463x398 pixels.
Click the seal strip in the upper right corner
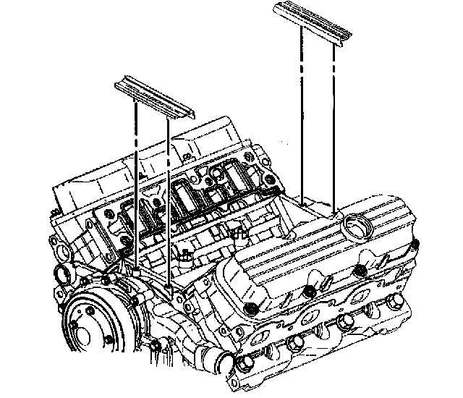click(x=311, y=23)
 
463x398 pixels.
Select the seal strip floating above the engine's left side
click(x=153, y=96)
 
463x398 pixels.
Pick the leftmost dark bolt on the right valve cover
click(x=250, y=310)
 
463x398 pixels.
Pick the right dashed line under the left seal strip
click(x=169, y=195)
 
